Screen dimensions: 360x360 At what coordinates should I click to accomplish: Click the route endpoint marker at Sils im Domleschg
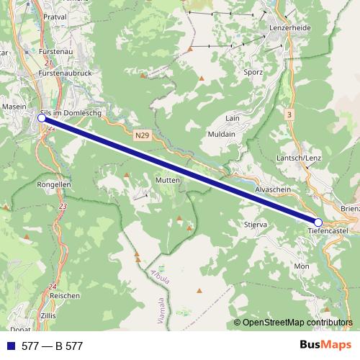41,118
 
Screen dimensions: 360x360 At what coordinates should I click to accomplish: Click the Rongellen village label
53,184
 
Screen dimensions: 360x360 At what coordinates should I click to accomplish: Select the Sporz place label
253,73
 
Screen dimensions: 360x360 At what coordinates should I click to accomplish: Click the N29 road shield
143,134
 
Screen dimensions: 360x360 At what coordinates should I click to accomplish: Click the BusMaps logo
325,346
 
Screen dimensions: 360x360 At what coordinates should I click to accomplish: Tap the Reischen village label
64,295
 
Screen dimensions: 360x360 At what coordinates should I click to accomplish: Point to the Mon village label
301,266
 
